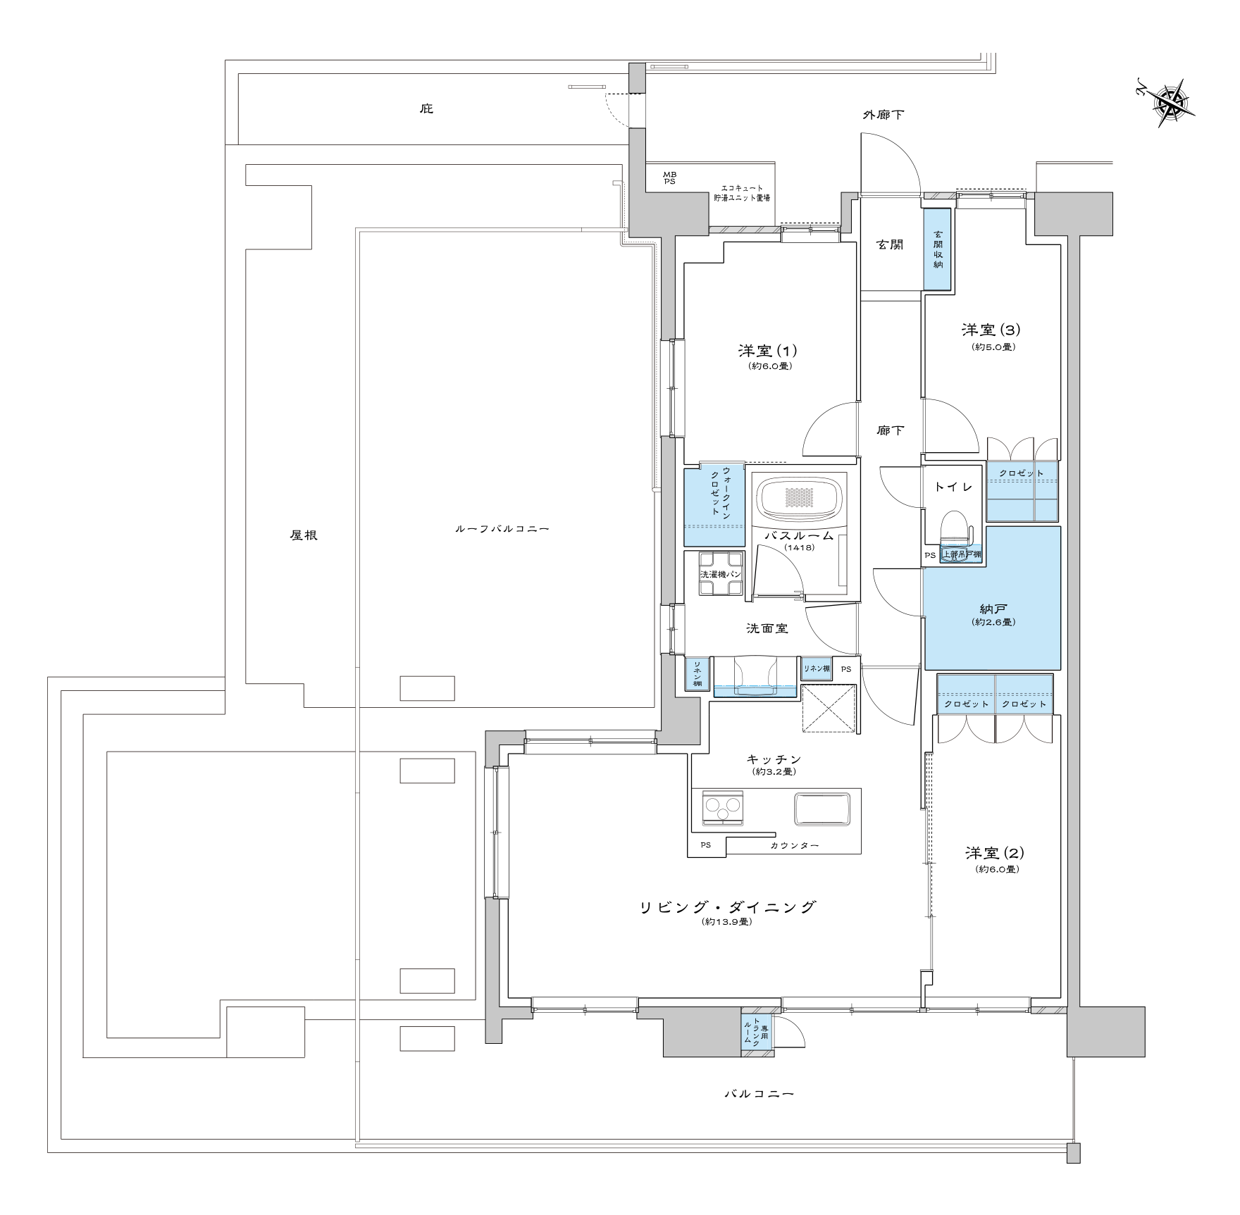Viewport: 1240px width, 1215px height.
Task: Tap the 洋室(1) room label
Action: point(767,351)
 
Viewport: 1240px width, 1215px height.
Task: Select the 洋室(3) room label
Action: point(991,330)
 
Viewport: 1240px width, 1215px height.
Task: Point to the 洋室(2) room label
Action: point(995,853)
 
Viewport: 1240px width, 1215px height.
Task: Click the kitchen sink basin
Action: point(822,809)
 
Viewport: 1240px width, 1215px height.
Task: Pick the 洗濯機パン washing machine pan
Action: point(721,574)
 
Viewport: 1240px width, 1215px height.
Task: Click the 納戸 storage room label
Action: point(992,609)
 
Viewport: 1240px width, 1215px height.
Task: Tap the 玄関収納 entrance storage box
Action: point(938,249)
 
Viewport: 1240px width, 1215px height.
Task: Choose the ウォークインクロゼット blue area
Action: point(714,506)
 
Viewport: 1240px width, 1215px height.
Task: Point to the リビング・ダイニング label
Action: point(727,907)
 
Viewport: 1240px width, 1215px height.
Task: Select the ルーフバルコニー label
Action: point(502,528)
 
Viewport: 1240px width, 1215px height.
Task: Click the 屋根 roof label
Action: point(304,535)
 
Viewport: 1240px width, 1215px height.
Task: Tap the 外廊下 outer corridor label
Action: point(883,114)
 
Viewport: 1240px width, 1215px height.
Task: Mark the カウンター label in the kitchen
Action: point(795,845)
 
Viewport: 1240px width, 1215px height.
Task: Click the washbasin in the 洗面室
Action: point(755,677)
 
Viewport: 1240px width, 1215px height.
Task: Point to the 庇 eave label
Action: point(426,108)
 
